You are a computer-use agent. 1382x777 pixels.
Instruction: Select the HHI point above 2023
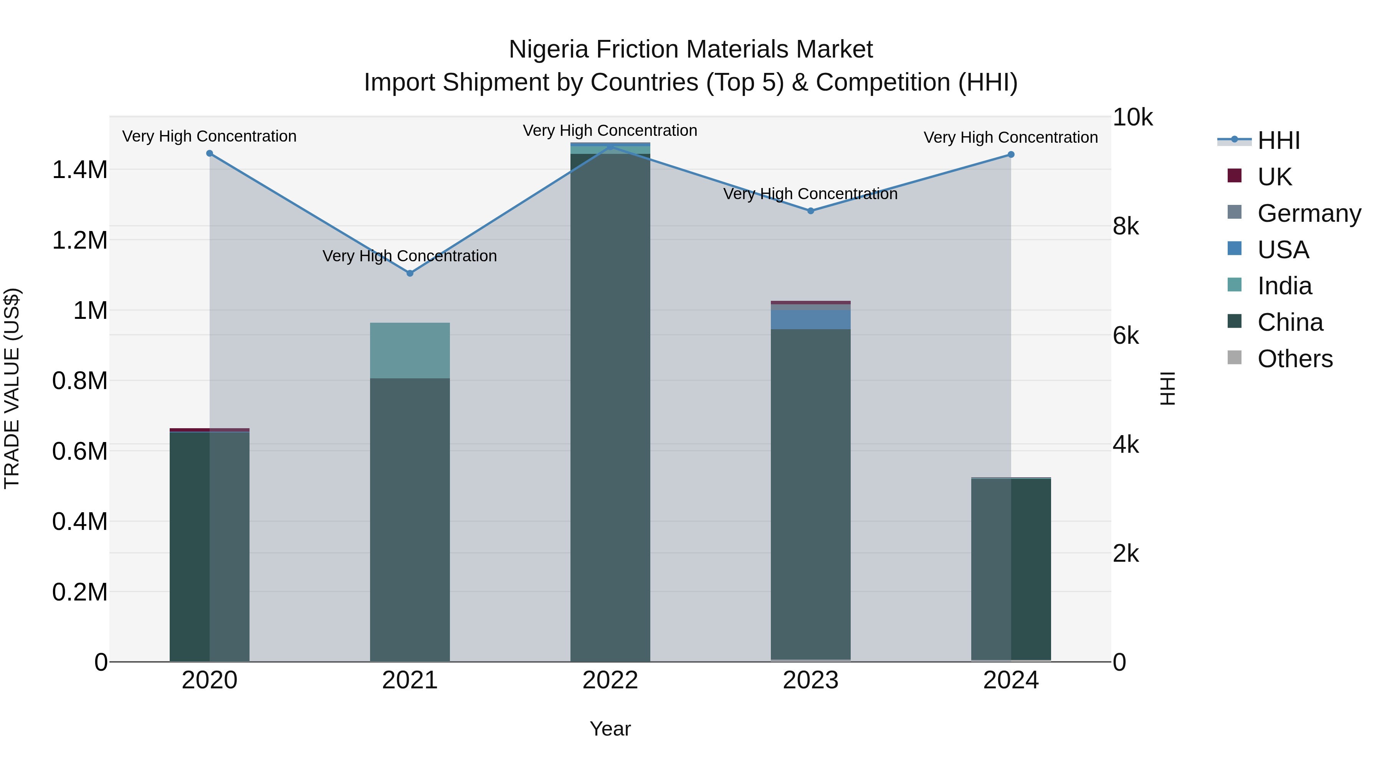(x=811, y=211)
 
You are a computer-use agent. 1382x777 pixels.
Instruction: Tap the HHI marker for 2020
(x=210, y=153)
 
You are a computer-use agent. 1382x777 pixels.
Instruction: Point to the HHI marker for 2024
(x=1011, y=154)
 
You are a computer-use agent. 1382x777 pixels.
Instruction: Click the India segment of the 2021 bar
(x=410, y=350)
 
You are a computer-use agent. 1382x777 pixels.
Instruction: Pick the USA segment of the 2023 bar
(x=811, y=320)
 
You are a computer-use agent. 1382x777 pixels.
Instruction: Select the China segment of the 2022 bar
(x=610, y=407)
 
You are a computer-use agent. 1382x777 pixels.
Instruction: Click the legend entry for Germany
(x=1309, y=213)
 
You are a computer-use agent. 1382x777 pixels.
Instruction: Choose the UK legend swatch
(x=1235, y=176)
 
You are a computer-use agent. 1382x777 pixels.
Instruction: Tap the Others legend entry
(x=1294, y=359)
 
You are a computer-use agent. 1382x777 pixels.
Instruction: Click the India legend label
(x=1285, y=286)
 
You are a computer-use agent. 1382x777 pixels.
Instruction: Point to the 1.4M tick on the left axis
(x=79, y=170)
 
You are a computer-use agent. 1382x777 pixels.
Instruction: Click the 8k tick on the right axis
(x=1126, y=226)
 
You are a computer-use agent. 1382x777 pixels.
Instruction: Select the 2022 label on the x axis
(x=610, y=680)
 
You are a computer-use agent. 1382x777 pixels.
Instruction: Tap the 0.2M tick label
(x=79, y=592)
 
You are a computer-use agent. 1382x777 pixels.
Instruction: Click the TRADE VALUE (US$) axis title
(x=12, y=388)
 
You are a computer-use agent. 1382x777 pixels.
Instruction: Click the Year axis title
(x=610, y=729)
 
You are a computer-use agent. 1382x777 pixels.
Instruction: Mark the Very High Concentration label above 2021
(x=410, y=256)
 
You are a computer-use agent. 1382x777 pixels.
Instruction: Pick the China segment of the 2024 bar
(x=1011, y=568)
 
